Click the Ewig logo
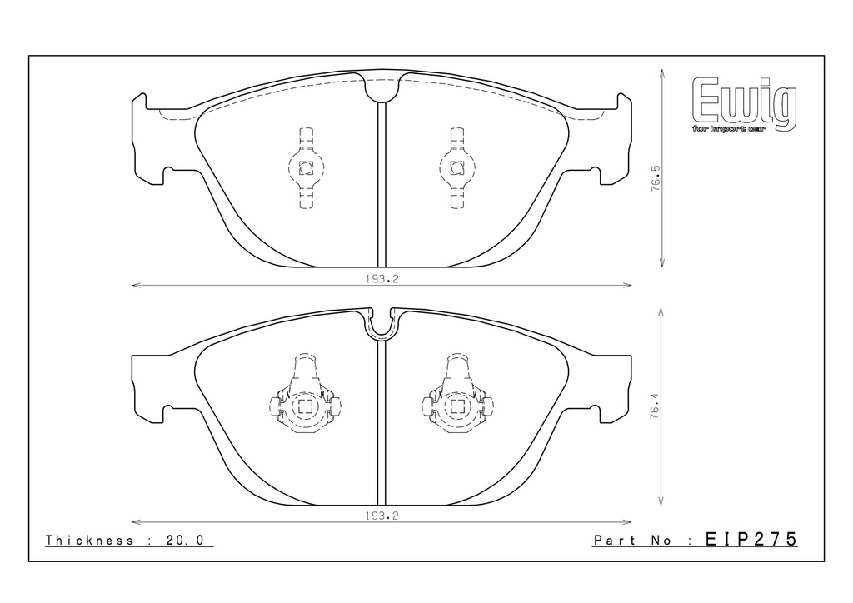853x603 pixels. click(x=744, y=104)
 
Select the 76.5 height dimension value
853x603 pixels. click(x=656, y=177)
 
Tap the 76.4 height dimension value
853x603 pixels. click(x=655, y=406)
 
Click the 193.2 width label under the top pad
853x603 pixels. click(x=382, y=279)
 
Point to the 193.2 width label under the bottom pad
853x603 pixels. click(x=382, y=516)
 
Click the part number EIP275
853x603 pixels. click(x=751, y=539)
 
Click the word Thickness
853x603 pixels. click(x=89, y=540)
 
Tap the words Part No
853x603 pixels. click(x=634, y=541)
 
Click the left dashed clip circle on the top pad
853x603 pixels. click(x=305, y=168)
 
